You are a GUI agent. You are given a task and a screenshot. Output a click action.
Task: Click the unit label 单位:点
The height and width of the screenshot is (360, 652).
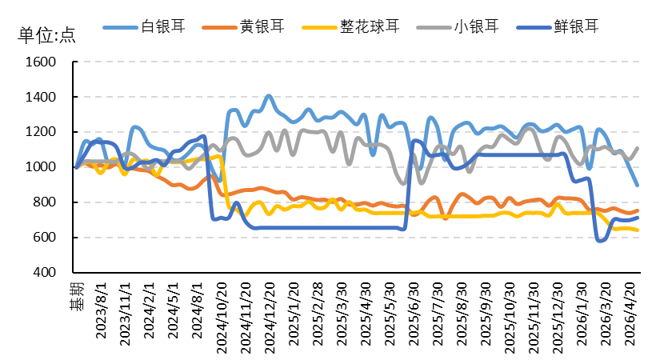click(x=46, y=35)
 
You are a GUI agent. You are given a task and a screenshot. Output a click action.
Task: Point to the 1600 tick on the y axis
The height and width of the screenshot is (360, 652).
click(x=40, y=62)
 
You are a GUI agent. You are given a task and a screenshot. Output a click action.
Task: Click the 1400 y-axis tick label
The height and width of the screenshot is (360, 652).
click(x=40, y=98)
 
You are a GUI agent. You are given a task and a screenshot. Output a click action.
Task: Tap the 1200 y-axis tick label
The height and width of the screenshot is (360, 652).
click(x=40, y=133)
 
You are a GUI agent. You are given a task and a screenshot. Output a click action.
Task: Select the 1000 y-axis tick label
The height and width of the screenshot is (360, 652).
click(x=40, y=168)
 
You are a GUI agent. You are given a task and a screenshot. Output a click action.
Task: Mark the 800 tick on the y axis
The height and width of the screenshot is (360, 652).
click(x=43, y=203)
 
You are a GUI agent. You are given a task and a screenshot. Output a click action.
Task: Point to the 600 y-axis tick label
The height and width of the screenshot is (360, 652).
click(x=43, y=238)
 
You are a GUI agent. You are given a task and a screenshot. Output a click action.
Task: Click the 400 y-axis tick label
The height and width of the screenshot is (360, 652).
click(x=43, y=274)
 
